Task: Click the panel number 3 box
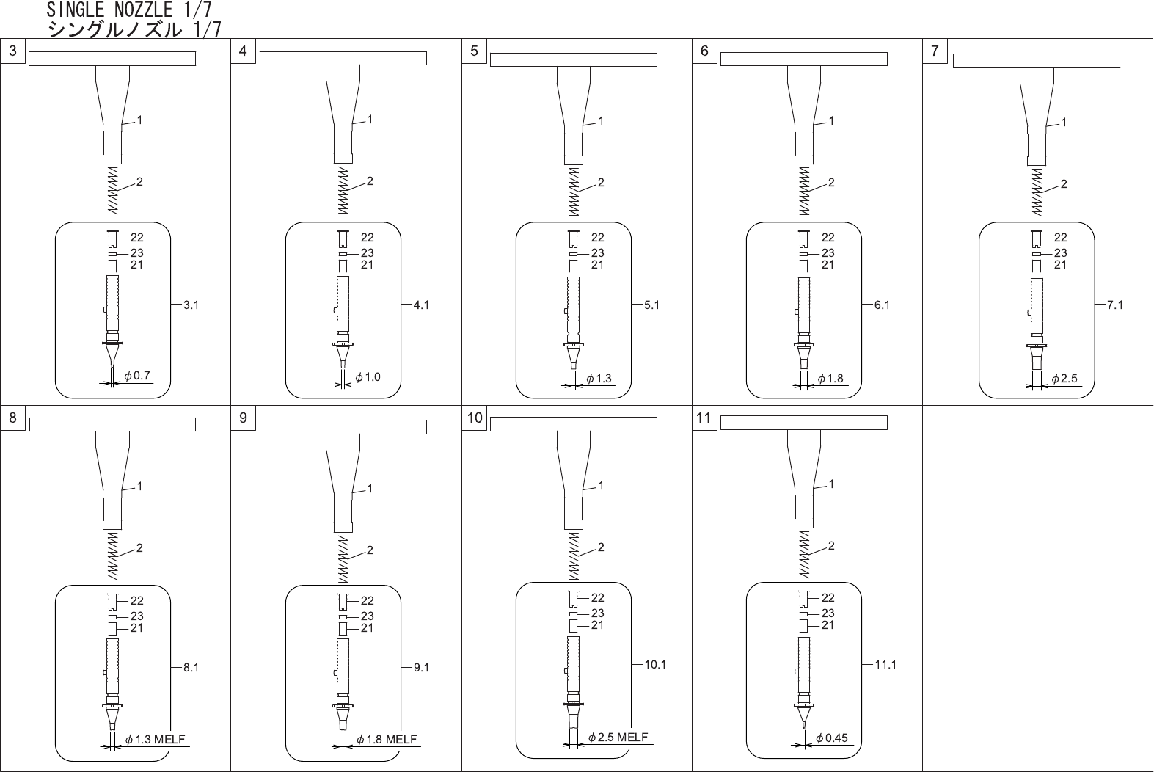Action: (13, 51)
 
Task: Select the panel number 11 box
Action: (704, 418)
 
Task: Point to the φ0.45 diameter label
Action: (832, 738)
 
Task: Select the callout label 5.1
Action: (651, 305)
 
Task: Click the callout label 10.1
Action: (655, 665)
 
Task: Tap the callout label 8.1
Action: (191, 668)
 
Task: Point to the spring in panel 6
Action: (804, 191)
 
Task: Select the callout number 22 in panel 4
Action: (367, 237)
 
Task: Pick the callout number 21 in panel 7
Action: (1060, 265)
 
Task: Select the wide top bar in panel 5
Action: (573, 60)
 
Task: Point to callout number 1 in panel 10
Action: (601, 486)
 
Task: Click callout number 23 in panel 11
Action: (828, 613)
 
